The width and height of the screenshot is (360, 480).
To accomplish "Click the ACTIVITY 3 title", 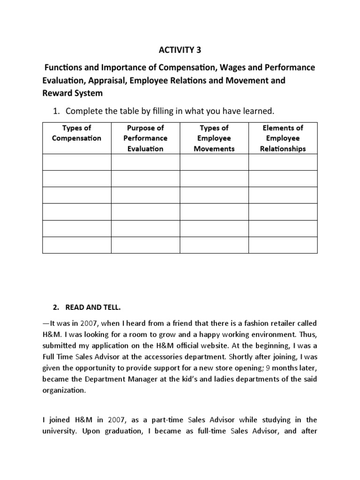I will (x=180, y=50).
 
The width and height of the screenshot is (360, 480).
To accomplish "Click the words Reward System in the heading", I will (x=73, y=93).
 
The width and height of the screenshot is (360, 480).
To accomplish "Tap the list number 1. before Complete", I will (x=56, y=111).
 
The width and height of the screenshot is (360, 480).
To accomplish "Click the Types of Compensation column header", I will (x=76, y=133).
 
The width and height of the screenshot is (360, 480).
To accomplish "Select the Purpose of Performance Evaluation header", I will (x=145, y=138).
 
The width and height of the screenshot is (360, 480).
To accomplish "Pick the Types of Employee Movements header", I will (x=214, y=138).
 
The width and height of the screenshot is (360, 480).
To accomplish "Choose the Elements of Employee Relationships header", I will (x=283, y=138).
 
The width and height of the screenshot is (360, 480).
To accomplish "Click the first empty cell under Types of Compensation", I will (x=76, y=162).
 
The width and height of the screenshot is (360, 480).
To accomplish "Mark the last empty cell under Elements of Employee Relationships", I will (x=283, y=245).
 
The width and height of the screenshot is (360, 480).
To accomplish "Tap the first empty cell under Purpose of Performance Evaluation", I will (x=145, y=162).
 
